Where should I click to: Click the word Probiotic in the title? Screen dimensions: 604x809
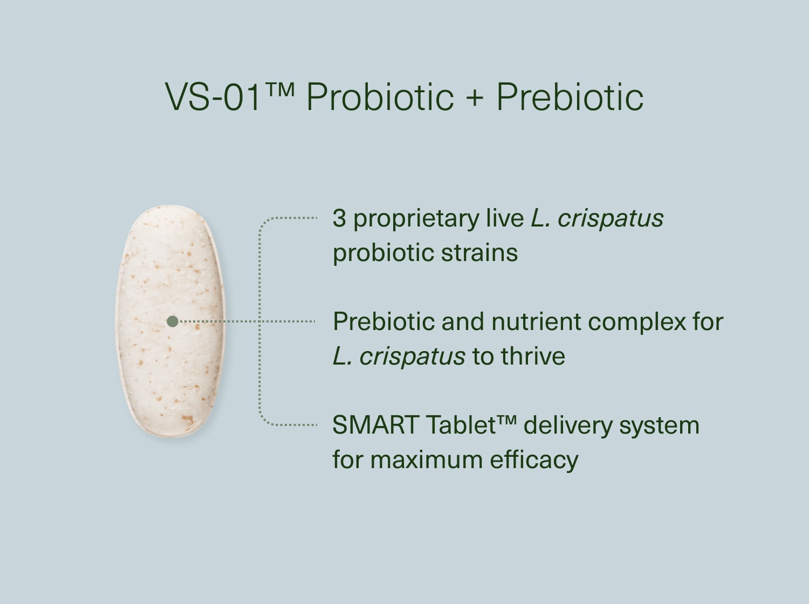click(x=380, y=98)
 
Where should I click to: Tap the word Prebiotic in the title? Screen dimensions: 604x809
click(x=570, y=98)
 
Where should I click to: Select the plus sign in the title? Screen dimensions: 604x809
click(x=474, y=99)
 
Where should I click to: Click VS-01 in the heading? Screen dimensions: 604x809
click(x=213, y=98)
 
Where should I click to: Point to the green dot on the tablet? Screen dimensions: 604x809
click(x=173, y=321)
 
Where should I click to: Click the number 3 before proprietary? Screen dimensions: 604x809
click(x=339, y=218)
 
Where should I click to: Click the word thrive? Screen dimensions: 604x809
click(x=533, y=356)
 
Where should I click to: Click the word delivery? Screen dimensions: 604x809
click(x=567, y=426)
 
